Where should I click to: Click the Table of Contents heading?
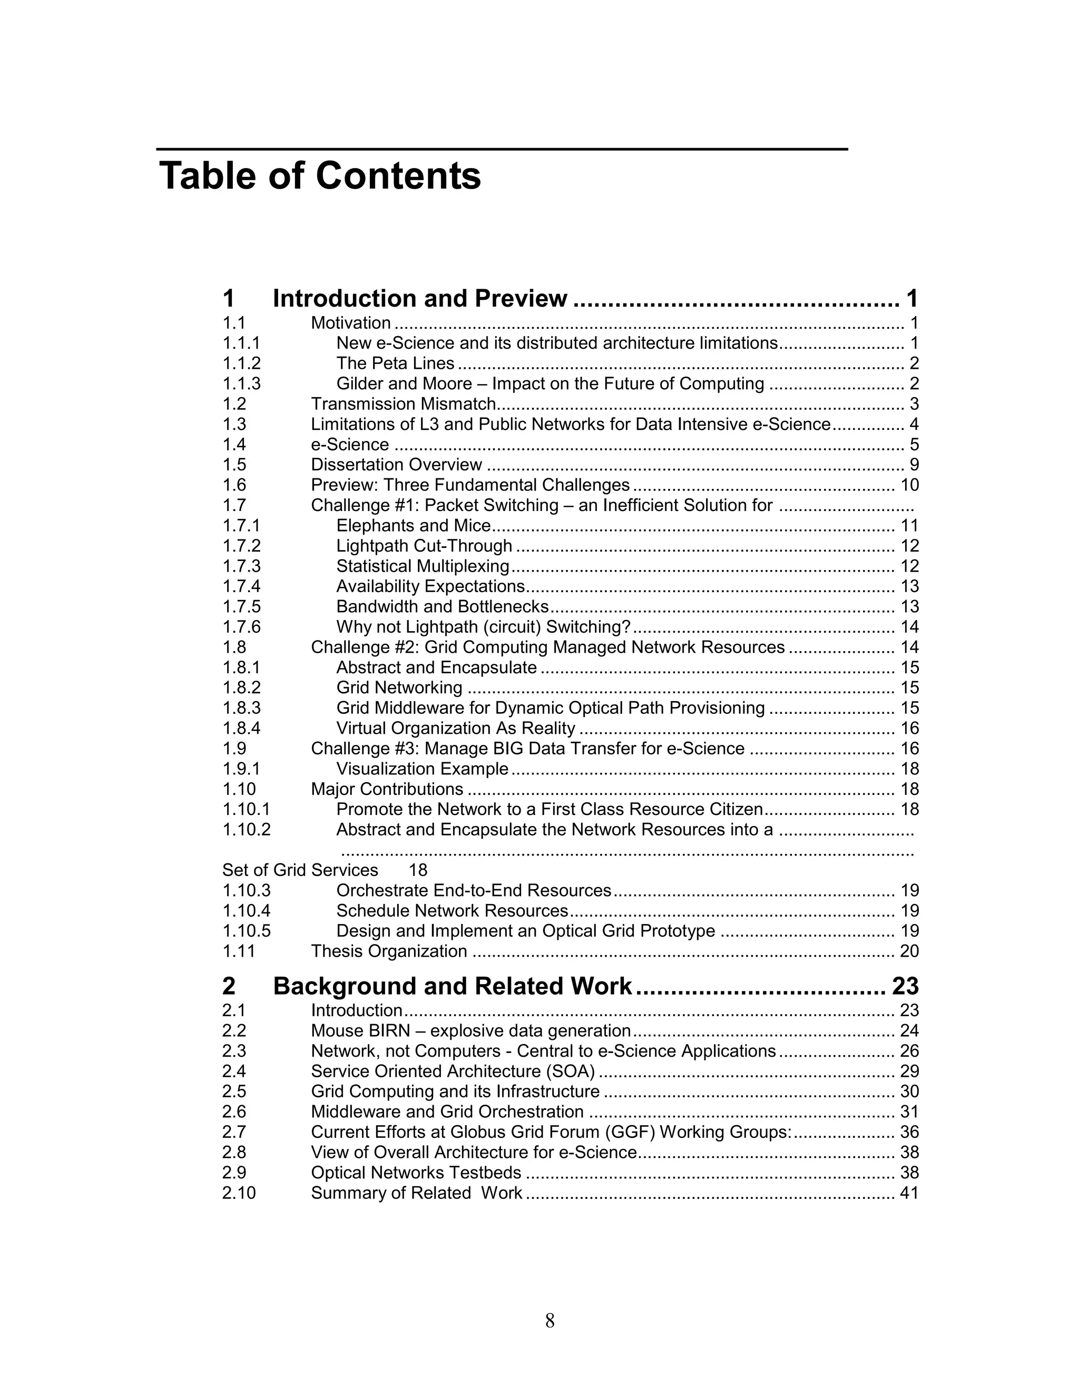pos(320,176)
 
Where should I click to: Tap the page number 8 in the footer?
pos(550,1321)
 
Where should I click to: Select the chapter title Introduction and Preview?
pos(419,299)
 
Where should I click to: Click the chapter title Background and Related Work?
pos(452,986)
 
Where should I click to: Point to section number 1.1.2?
pos(242,363)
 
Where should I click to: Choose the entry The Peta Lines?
pos(395,363)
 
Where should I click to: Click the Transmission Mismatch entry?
pos(404,404)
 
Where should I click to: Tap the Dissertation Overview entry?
pos(396,465)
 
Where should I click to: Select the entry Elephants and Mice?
pos(414,525)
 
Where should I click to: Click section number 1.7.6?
pos(242,627)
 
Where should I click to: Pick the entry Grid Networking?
pos(399,688)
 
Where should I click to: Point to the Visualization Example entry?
pos(422,769)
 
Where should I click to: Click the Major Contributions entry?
pos(387,790)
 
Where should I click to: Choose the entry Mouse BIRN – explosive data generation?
pos(470,1031)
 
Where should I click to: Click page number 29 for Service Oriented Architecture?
pos(909,1072)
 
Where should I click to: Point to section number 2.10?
pos(239,1193)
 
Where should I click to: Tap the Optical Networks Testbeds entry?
pos(416,1173)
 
